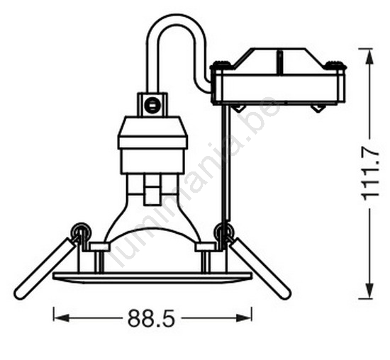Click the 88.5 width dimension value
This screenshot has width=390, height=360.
click(151, 319)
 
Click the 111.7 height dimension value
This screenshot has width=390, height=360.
click(371, 173)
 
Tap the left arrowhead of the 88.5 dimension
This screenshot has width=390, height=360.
click(62, 317)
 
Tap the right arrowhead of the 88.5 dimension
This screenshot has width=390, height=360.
click(244, 317)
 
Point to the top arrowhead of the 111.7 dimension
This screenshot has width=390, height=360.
click(370, 57)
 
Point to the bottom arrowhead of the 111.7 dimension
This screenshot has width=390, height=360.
click(370, 291)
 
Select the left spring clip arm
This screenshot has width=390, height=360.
click(45, 269)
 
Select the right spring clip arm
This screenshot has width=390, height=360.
click(260, 269)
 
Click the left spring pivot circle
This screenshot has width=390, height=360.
click(81, 232)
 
